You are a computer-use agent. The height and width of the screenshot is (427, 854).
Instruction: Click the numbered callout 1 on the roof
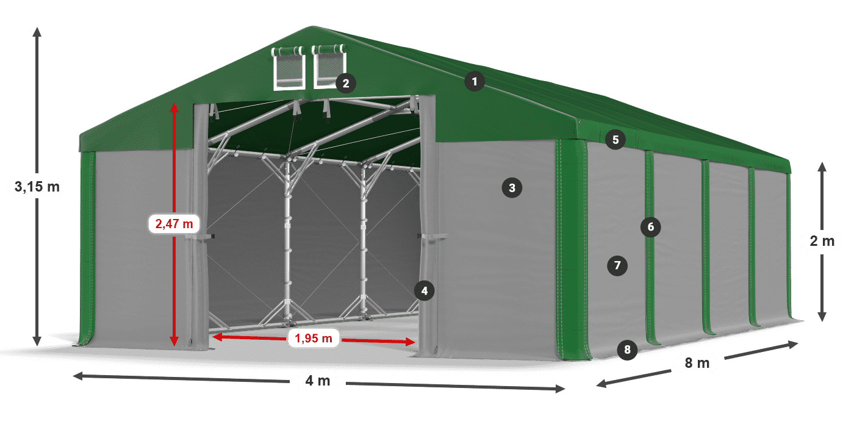(x=475, y=82)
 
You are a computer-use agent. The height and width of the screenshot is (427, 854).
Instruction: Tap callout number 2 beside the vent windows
(x=346, y=83)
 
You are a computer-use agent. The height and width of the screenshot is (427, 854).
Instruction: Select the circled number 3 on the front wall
(x=512, y=188)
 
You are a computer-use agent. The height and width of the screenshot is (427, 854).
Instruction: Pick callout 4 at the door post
(x=425, y=291)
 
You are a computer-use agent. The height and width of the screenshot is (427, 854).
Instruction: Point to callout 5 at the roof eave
(x=615, y=140)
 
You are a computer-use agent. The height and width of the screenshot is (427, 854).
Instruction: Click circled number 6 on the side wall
(x=650, y=227)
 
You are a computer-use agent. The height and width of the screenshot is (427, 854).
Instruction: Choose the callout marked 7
(x=617, y=265)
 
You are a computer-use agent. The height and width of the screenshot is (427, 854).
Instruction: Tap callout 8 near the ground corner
(x=627, y=350)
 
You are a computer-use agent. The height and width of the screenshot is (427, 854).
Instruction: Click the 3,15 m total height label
(x=37, y=187)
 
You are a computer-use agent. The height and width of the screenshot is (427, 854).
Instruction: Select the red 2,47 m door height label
(x=174, y=224)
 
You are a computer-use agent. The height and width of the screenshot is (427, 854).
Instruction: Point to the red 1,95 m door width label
(x=314, y=338)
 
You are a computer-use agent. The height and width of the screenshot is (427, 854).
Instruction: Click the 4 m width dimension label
(x=318, y=381)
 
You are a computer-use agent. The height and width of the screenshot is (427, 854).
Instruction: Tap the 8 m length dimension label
(x=697, y=363)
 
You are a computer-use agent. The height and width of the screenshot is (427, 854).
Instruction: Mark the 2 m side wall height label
(x=822, y=241)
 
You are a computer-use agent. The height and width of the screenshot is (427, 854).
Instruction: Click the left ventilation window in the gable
(x=289, y=68)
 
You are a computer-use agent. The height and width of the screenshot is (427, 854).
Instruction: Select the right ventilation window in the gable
(x=329, y=66)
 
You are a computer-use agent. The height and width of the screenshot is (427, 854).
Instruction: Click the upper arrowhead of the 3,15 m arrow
(x=37, y=31)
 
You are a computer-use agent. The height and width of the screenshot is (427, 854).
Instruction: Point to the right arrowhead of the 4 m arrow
(x=561, y=389)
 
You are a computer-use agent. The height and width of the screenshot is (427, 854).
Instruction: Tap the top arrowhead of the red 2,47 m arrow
(x=174, y=107)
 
